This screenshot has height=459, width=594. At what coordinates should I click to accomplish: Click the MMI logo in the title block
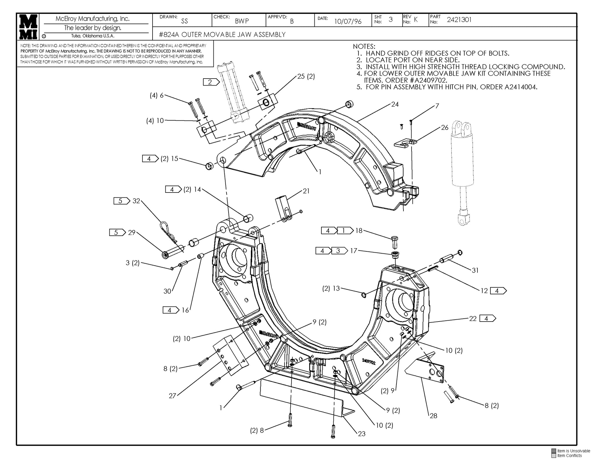pos(28,26)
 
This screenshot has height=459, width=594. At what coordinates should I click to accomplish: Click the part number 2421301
pos(459,20)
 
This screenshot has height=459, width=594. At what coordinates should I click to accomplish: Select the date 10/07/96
pos(348,21)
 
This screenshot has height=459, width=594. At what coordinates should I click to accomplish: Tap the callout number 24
pos(395,104)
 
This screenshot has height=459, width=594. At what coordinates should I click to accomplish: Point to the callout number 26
pos(445,127)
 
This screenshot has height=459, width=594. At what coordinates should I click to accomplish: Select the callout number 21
pos(306,191)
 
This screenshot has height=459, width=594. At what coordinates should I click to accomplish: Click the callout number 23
pos(361,434)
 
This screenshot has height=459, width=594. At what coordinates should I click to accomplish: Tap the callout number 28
pos(433,416)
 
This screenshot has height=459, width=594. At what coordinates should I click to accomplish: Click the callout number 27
pos(172,396)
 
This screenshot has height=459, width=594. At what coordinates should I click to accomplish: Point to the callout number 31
pos(475,270)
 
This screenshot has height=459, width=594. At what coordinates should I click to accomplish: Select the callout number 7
pos(437,106)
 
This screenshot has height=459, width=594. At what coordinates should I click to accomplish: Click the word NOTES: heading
pos(364,46)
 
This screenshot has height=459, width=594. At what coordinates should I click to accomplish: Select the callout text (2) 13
pos(331,289)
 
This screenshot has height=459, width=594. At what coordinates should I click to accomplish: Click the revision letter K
pos(416,20)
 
